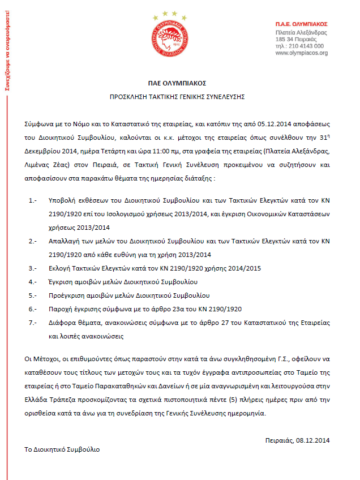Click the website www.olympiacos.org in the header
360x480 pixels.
click(x=301, y=53)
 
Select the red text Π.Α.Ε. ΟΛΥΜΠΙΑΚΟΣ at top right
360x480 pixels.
click(x=301, y=24)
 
